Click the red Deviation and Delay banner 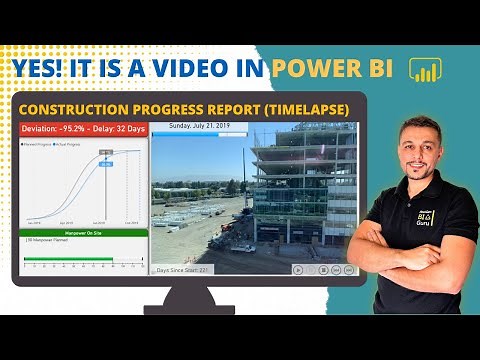click(83, 129)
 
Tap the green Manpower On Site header click(83, 233)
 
